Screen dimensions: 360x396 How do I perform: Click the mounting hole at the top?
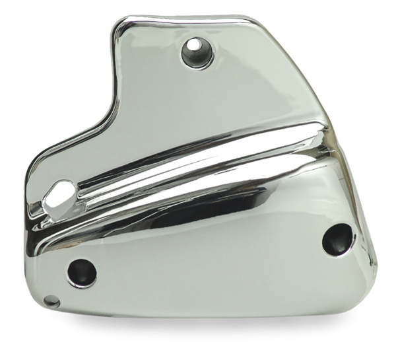[x=195, y=51]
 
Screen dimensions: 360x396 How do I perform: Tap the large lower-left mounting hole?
[x=82, y=272]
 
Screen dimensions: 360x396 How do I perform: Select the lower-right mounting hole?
[x=338, y=239]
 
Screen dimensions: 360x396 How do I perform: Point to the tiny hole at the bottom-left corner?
[x=51, y=302]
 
